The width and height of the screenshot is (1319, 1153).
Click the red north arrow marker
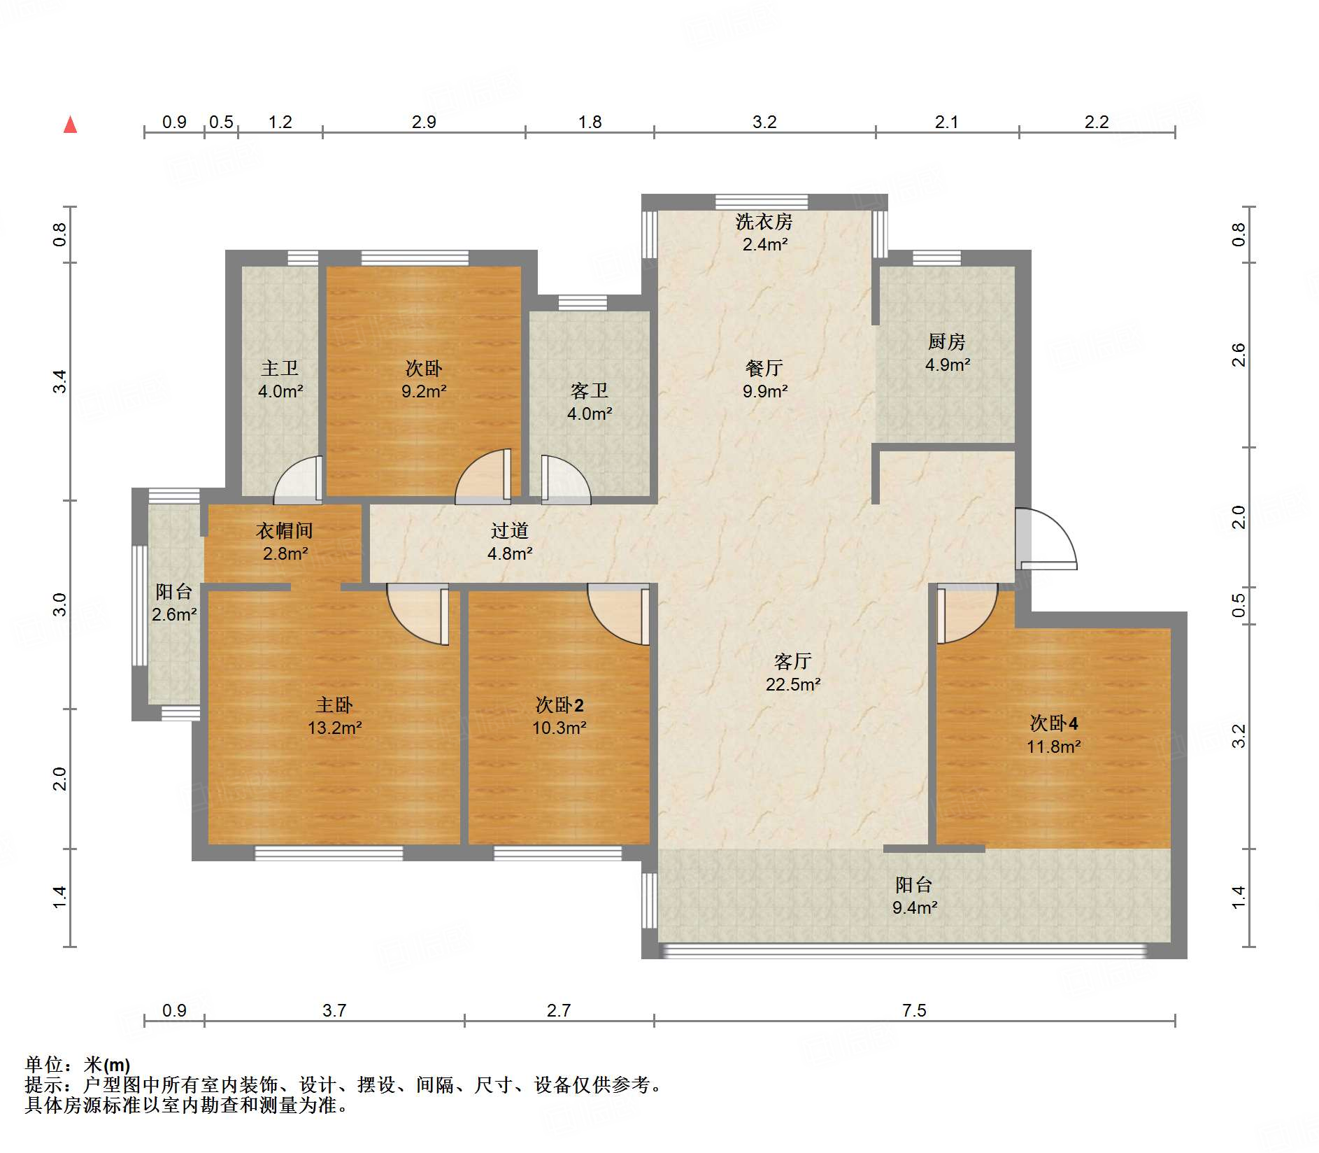coord(70,125)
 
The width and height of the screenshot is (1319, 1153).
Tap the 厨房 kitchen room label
coord(946,341)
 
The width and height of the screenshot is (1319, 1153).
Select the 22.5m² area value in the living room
coord(792,684)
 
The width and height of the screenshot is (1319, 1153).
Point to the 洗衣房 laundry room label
coord(764,222)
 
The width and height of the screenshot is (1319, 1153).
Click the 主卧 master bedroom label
coord(334,705)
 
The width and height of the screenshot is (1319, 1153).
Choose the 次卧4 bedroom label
coord(1053,723)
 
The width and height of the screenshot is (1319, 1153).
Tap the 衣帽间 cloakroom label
coord(284,531)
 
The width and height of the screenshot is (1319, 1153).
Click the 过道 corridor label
coord(509,531)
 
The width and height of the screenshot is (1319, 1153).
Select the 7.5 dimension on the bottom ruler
coord(913,1010)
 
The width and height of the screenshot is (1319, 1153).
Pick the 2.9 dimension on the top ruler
coord(424,122)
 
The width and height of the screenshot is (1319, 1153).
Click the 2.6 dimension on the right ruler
coord(1238,355)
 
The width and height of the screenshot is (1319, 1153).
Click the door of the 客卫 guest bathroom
coord(565,480)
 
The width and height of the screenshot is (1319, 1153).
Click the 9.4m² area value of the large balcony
coord(914,907)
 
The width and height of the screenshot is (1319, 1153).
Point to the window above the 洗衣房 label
coord(762,202)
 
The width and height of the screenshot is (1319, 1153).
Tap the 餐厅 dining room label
coord(764,368)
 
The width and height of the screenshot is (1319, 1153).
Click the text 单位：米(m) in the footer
coord(78,1065)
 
